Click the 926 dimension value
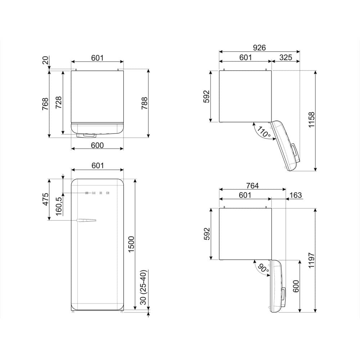point(259,48)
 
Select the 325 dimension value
point(285,57)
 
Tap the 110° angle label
point(264,133)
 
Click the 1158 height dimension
point(312,121)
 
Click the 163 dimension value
point(296,195)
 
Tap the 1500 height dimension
point(131,244)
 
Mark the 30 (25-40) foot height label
point(144,288)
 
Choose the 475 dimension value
point(46,199)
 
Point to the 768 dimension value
point(46,104)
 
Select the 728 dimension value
point(59,103)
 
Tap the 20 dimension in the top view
point(46,60)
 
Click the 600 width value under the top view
point(97,145)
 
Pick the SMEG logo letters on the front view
point(97,193)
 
